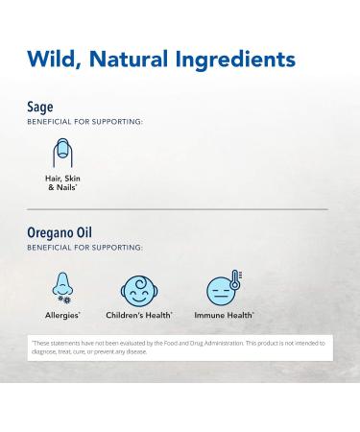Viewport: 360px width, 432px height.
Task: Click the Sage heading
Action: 39,108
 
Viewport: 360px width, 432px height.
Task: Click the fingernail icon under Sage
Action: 63,154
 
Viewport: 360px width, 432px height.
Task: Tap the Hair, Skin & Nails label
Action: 63,182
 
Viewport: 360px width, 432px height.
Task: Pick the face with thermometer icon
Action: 222,290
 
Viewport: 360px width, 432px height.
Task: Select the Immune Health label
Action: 225,314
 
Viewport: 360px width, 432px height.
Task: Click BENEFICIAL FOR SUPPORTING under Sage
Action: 85,122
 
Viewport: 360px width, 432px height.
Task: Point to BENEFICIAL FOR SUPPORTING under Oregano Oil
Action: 85,247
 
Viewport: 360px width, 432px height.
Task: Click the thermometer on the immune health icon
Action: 233,282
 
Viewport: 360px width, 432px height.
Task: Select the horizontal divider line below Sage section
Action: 178,208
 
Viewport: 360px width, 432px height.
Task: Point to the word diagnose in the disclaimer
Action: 44,352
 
